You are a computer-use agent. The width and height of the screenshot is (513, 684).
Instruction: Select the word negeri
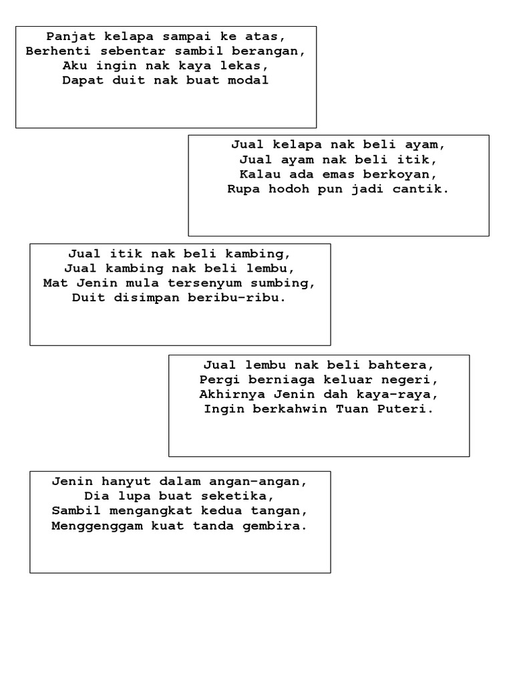pyautogui.click(x=415, y=379)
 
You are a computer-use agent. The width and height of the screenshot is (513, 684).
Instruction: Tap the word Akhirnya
pyautogui.click(x=228, y=394)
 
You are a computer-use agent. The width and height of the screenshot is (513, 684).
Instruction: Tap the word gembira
pyautogui.click(x=275, y=525)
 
